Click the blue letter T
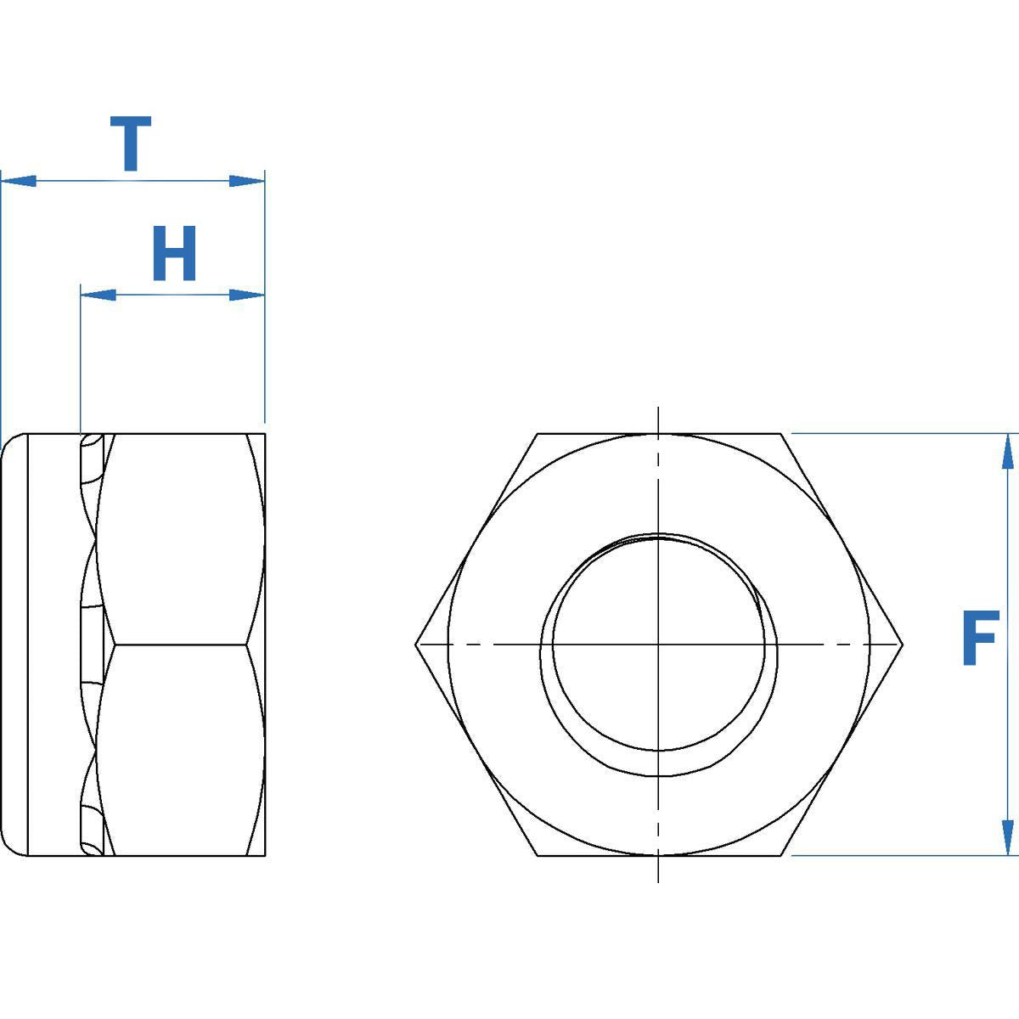pos(131,144)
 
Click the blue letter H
pos(174,253)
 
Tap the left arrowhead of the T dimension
pos(19,181)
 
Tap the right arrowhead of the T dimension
pos(247,181)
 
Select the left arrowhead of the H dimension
pos(98,295)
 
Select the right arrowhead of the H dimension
pos(247,295)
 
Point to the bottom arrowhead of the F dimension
pos(1007,837)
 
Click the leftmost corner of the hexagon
pos(415,645)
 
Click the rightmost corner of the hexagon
pos(903,645)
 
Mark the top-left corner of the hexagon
pos(538,434)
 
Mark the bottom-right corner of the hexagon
pos(781,856)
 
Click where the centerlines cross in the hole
pos(659,645)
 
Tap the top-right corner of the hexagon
pos(781,434)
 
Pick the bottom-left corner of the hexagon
pos(538,856)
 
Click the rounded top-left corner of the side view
pos(8,442)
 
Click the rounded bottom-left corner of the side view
pos(8,848)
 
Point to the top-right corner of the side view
pos(265,434)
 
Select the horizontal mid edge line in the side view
pos(183,645)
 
